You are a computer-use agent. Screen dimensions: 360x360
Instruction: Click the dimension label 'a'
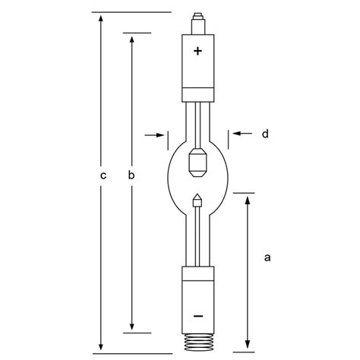pos(267,258)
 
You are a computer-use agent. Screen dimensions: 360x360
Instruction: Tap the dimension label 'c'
pos(102,176)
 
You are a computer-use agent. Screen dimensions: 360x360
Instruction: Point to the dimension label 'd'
pos(265,134)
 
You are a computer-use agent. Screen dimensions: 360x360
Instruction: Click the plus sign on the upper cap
pos(198,51)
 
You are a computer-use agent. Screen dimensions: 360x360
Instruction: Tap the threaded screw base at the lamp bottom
pos(198,341)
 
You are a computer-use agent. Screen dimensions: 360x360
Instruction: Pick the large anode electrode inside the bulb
pos(198,161)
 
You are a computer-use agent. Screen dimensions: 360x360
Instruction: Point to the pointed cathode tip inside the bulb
pos(198,201)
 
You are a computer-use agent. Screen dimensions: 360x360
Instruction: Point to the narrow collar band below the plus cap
pos(198,95)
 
